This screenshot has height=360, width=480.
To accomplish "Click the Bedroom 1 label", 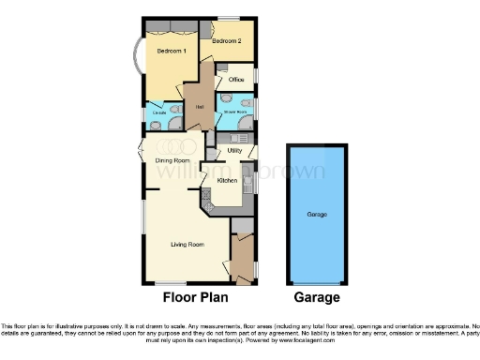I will [171, 50].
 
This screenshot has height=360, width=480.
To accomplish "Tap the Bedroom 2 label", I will [226, 41].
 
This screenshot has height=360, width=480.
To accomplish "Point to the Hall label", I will [200, 105].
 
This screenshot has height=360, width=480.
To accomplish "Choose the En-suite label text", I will [159, 114].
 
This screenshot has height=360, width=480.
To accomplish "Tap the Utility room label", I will [234, 150].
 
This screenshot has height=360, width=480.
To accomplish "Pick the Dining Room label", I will [172, 160].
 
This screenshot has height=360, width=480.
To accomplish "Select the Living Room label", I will [187, 245].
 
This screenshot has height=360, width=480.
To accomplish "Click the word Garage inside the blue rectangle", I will [317, 215].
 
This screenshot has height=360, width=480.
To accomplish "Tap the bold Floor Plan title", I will [197, 298].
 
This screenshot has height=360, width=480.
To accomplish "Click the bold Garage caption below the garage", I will [317, 298].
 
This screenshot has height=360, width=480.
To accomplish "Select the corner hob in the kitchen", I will [210, 197].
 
